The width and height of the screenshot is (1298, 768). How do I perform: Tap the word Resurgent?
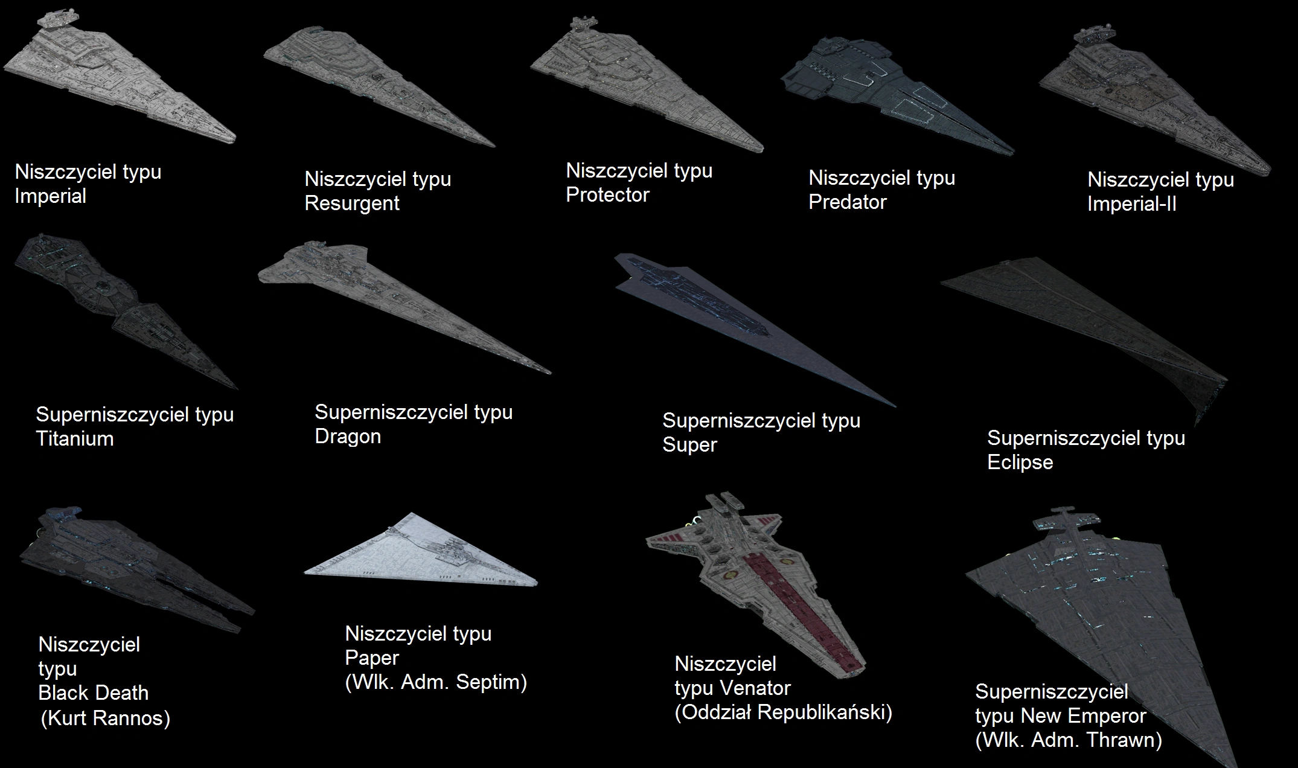352,203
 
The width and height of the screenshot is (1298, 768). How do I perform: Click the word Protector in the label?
607,195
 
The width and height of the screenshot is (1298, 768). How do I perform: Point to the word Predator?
847,202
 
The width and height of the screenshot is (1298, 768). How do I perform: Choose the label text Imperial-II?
1131,204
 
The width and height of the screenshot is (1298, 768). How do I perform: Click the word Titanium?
75,439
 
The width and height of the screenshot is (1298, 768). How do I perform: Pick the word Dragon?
348,437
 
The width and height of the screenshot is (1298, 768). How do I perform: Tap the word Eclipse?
1020,462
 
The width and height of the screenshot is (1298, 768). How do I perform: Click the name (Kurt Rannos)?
105,718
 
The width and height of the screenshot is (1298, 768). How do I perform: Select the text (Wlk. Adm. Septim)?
436,682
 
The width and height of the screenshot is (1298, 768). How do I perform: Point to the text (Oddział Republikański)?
783,712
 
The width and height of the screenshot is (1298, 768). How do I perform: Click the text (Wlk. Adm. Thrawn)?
1069,740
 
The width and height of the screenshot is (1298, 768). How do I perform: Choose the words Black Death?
93,693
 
